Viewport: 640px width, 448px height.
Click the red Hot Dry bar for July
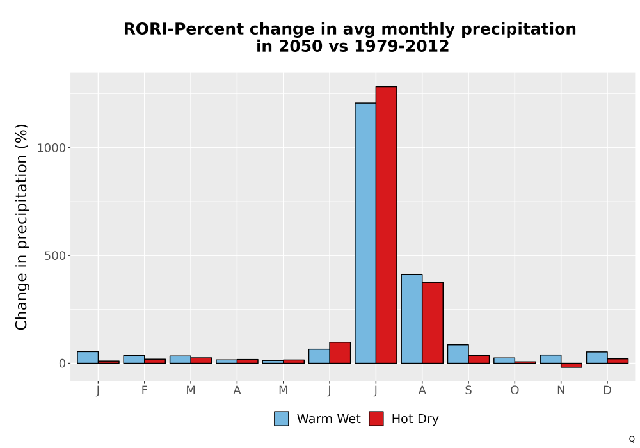(386, 225)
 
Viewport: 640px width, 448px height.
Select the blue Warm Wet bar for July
(365, 233)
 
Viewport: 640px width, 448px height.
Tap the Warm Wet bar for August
(412, 319)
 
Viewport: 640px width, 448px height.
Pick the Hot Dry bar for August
(433, 323)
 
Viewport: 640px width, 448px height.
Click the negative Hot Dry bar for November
(572, 365)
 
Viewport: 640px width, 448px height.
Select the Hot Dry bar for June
(340, 353)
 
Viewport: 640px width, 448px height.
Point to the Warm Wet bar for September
(458, 354)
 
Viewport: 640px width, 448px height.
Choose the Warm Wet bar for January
(88, 357)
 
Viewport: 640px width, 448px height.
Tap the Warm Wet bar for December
(596, 357)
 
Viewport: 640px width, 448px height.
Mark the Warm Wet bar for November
(550, 359)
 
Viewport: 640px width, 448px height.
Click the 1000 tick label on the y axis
(51, 148)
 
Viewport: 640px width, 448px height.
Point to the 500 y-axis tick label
(55, 256)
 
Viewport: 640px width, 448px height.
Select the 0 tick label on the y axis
(63, 364)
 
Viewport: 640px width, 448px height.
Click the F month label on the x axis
(144, 390)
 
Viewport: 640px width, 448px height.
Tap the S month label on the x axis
(468, 390)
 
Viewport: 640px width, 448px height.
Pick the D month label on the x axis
(607, 390)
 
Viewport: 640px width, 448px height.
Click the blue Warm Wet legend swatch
(281, 419)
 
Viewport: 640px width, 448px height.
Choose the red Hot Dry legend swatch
(376, 419)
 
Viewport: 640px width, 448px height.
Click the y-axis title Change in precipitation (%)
(21, 227)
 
